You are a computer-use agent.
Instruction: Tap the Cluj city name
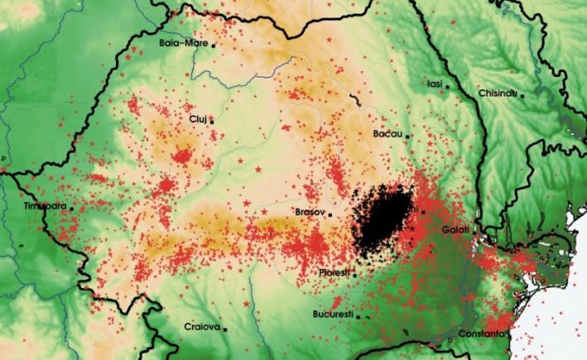(197, 119)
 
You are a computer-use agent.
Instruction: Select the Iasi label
(435, 84)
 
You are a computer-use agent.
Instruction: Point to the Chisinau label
(498, 93)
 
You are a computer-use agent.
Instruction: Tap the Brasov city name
(310, 213)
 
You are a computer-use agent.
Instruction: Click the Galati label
(455, 228)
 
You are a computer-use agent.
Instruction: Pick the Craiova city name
(202, 327)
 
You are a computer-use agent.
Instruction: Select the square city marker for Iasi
(448, 85)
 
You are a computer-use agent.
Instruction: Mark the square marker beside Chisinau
(522, 95)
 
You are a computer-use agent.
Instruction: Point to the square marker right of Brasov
(330, 214)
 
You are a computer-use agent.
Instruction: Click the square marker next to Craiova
(225, 329)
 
